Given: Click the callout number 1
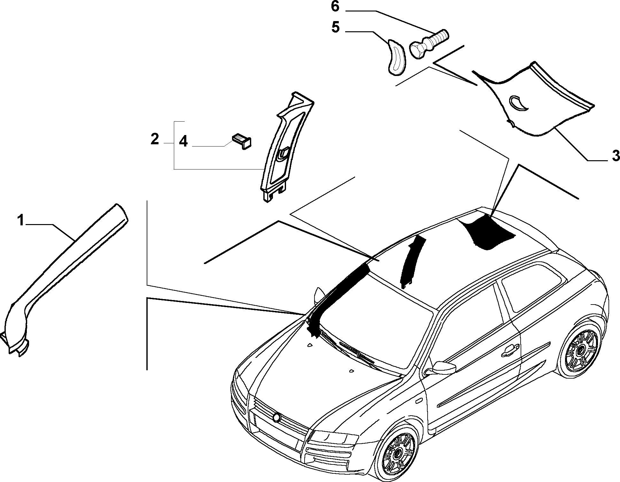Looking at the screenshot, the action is point(21,220).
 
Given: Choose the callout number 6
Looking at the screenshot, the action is point(335,7).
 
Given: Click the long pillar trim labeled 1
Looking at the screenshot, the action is point(64,278).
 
